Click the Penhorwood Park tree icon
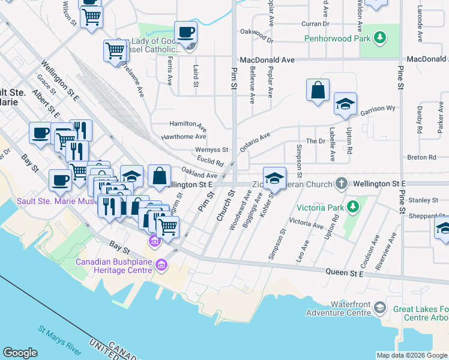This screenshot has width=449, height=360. click(x=379, y=38)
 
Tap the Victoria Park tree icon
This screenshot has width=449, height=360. click(x=354, y=208)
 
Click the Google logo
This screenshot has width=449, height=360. click(x=20, y=353)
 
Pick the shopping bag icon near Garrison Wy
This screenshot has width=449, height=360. click(x=318, y=91)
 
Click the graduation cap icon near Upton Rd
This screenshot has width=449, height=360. click(x=345, y=104)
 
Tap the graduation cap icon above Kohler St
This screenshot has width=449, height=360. click(x=274, y=178)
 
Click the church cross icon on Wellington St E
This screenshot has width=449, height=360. click(x=342, y=182)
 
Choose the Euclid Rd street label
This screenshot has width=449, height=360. click(x=211, y=162)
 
